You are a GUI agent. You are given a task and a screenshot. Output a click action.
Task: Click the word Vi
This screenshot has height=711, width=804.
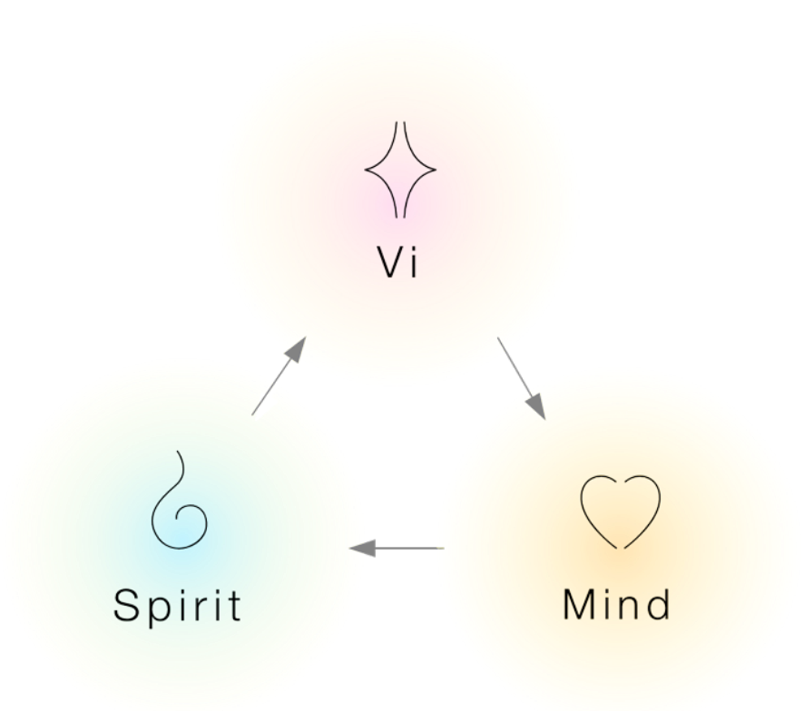398,262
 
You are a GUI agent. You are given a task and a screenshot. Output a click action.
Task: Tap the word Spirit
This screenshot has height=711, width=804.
178,605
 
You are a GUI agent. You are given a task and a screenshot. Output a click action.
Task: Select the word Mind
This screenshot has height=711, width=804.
617,604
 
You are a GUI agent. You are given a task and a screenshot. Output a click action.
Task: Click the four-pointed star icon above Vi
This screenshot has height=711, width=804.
400,170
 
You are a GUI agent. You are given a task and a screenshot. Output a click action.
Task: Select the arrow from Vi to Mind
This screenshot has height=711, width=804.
521,378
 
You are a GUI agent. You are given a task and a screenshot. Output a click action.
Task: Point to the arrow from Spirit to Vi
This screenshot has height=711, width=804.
279,375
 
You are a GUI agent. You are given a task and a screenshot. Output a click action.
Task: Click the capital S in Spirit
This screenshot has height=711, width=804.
127,605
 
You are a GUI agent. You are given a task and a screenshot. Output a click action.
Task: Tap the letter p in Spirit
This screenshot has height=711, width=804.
157,609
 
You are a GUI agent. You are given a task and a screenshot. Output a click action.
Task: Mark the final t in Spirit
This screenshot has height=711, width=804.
233,605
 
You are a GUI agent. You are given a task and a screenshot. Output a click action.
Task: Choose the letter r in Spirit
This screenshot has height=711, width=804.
199,608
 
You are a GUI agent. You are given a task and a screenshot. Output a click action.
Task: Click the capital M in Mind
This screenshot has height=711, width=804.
580,604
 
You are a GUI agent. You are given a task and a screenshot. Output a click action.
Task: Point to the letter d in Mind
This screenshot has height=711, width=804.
658,604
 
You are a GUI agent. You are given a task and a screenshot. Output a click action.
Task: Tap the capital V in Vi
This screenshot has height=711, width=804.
389,262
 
